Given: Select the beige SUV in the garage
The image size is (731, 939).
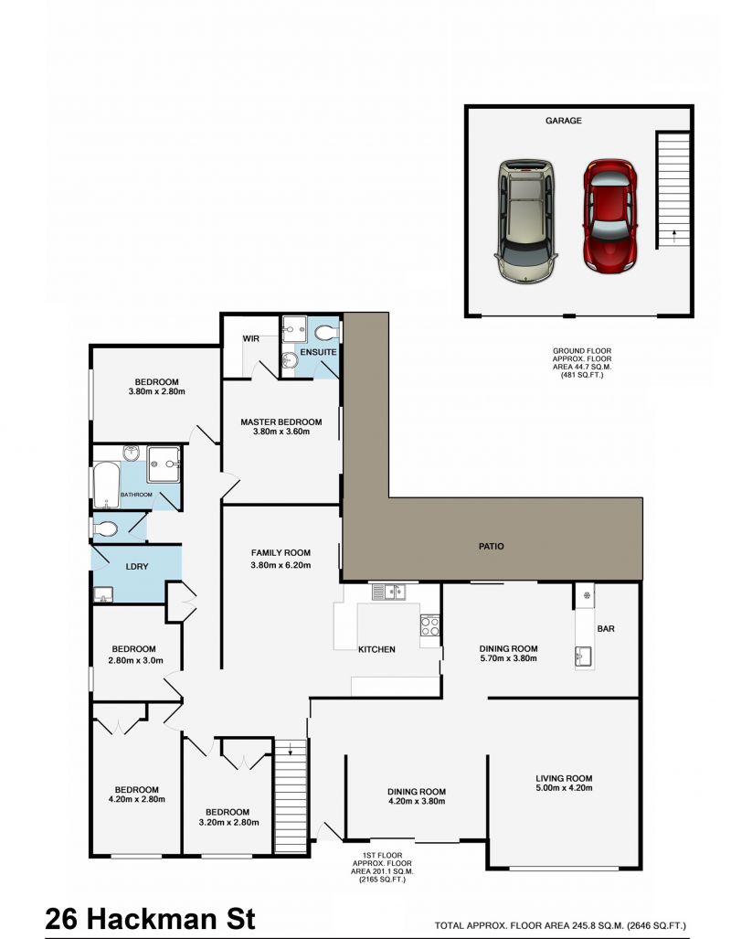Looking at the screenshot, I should [524, 221].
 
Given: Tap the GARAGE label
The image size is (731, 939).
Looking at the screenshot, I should [564, 121].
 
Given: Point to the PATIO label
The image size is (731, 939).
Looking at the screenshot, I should [491, 547].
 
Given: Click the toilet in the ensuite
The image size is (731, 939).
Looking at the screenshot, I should [324, 332].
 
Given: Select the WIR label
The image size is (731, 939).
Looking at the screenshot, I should [251, 338].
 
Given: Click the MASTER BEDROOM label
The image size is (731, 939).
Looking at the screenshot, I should [281, 421].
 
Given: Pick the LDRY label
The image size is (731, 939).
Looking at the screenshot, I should [136, 567].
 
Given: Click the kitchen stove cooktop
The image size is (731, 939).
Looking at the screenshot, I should [429, 627].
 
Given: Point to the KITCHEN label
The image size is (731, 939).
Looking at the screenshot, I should [376, 649].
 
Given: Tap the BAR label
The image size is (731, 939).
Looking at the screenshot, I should [606, 630].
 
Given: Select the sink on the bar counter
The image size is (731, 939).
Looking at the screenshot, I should [584, 656].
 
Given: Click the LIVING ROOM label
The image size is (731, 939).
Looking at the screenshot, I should [564, 778].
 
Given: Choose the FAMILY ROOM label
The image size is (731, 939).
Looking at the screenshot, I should [281, 552].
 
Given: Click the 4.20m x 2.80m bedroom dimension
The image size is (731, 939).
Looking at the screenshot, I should [136, 802].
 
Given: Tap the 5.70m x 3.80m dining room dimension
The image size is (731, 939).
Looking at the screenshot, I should [508, 658].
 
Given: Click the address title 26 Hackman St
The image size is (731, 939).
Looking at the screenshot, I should [151, 917].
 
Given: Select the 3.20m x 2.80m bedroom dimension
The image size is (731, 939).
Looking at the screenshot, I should [228, 823].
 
